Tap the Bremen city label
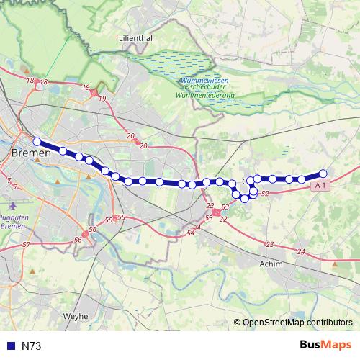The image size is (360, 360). click(32, 153)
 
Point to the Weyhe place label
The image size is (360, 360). click(76, 315)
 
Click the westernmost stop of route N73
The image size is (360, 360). click(37, 141)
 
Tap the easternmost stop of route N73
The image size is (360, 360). click(323, 174)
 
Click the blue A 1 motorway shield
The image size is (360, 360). click(321, 186)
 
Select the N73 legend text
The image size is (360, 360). click(32, 346)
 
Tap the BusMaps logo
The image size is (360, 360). click(325, 345)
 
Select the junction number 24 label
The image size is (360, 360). click(301, 251)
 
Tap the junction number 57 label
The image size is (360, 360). click(26, 245)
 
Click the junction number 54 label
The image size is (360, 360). click(191, 233)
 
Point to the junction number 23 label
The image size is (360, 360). click(270, 245)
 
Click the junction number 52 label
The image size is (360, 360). click(265, 194)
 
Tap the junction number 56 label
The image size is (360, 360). click(92, 230)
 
